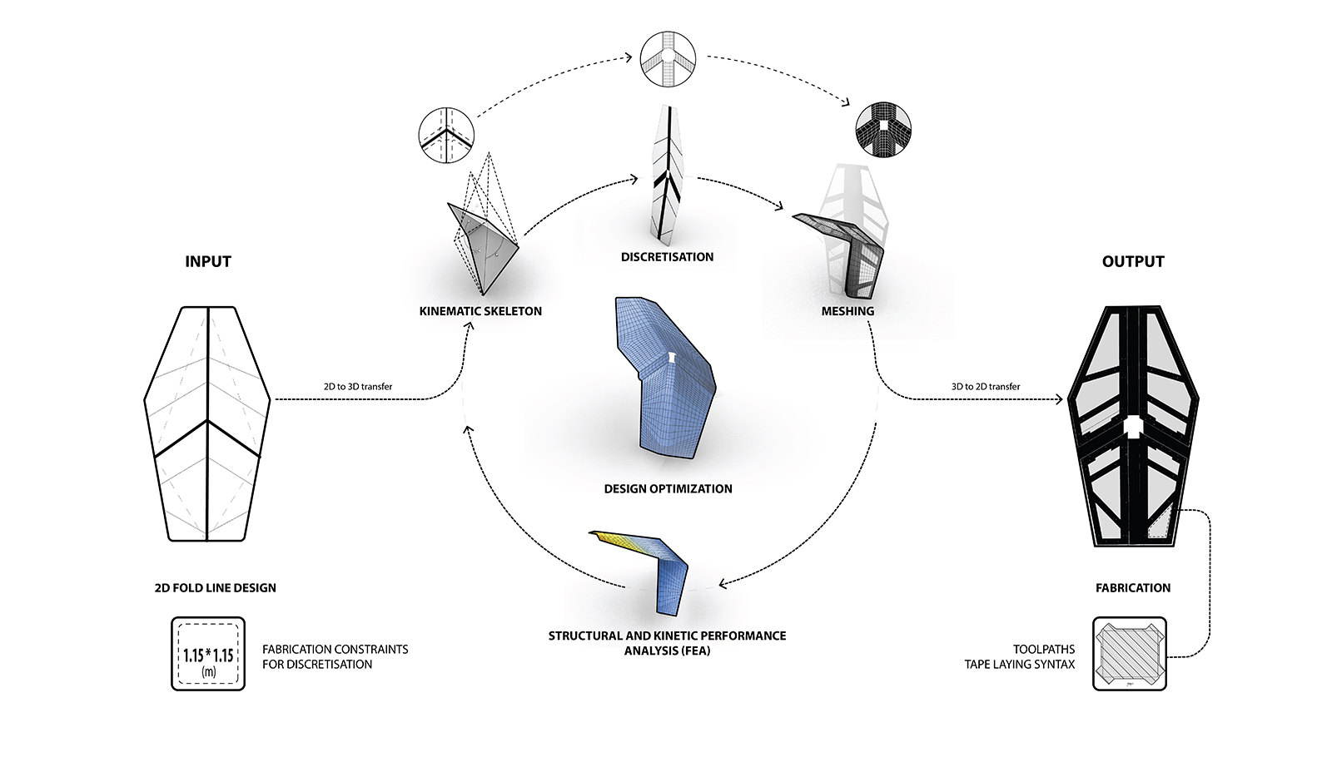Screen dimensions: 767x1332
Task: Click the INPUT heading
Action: coord(207,261)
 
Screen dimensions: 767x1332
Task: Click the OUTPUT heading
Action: coord(1132,261)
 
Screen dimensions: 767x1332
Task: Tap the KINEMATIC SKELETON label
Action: coord(480,311)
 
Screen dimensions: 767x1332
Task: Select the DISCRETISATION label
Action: coord(667,257)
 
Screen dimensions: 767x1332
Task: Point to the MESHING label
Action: coord(847,311)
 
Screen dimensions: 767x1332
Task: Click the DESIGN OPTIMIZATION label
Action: coord(668,489)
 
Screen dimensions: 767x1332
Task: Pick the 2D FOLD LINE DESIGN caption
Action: coord(215,588)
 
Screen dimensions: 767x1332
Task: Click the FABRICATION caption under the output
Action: coord(1132,588)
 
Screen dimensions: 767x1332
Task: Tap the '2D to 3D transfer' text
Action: coord(358,387)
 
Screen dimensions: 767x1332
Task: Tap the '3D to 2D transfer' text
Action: coord(986,387)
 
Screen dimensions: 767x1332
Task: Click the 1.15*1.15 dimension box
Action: coord(208,654)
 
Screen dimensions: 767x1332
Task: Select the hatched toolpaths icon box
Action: coord(1129,654)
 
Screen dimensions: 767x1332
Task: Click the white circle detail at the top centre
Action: coord(668,58)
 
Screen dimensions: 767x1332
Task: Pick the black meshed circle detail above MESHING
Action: coord(883,130)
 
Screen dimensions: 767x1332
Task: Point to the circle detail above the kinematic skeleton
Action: coord(446,135)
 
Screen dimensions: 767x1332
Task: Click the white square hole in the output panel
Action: coord(1133,427)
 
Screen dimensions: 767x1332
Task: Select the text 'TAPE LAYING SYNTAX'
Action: coord(1019,665)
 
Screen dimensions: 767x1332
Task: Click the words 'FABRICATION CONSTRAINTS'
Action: coord(335,649)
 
